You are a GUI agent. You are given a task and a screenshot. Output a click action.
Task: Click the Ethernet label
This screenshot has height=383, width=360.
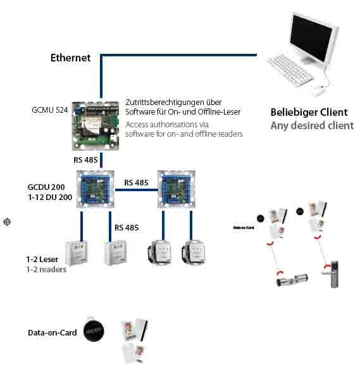[70, 58]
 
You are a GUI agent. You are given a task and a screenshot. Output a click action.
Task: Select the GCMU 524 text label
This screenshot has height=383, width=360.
[49, 110]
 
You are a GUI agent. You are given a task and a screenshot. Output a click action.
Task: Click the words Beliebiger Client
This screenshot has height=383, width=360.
[309, 112]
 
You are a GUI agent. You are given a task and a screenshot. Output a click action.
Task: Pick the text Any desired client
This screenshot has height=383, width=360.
[312, 125]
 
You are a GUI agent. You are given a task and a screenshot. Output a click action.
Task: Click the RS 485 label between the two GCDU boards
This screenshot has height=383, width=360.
[137, 182]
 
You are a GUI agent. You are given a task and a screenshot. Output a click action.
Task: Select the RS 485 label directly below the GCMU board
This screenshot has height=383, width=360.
[85, 160]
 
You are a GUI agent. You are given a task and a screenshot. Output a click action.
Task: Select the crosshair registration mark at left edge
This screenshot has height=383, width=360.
[6, 222]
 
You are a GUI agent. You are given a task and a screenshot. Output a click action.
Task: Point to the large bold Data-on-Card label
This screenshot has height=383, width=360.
[52, 332]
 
